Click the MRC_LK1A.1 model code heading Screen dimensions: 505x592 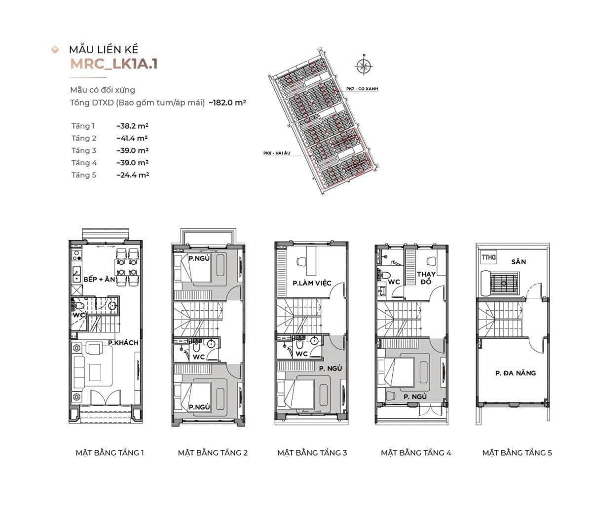(113, 64)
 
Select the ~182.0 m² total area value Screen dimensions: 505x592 (227, 103)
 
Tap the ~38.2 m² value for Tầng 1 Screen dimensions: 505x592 (132, 126)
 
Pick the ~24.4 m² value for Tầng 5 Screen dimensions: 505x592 (132, 175)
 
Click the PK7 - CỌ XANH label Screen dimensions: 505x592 (362, 89)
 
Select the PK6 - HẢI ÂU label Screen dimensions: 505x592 (277, 153)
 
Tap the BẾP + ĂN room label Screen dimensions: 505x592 (99, 279)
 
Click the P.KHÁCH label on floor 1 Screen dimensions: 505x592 (123, 343)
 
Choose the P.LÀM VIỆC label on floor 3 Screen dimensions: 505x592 (312, 284)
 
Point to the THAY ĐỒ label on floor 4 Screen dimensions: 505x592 (426, 278)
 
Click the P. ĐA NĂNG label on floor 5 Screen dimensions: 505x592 (516, 373)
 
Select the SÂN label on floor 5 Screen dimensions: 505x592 (518, 262)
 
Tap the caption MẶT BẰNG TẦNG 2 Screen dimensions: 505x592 (213, 453)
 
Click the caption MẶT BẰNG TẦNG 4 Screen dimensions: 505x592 (416, 453)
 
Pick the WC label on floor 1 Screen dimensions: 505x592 (79, 315)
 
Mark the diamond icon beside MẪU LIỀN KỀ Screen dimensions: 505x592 (55, 49)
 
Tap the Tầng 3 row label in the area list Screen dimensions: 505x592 (83, 150)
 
